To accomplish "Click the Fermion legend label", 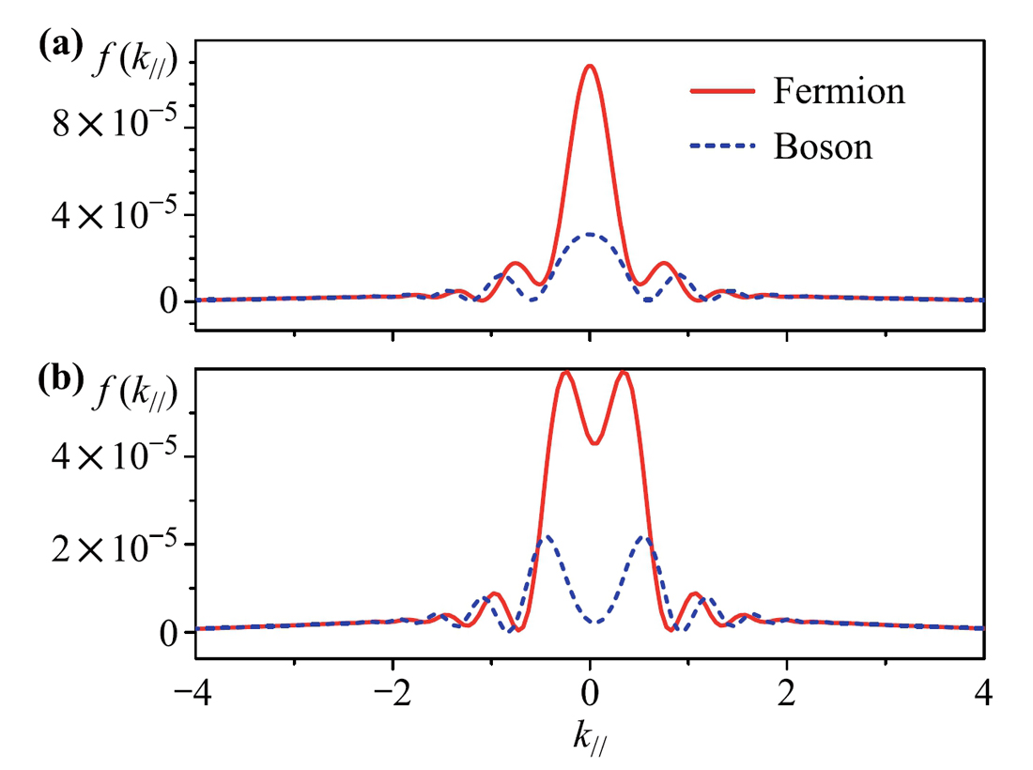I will pos(840,91).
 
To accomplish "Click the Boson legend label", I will pos(824,146).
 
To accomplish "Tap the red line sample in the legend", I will pos(722,91).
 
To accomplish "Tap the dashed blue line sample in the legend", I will pos(722,146).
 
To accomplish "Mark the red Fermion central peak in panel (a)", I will pos(590,67).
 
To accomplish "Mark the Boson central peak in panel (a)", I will pos(590,234).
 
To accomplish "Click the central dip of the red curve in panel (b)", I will pos(594,442).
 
